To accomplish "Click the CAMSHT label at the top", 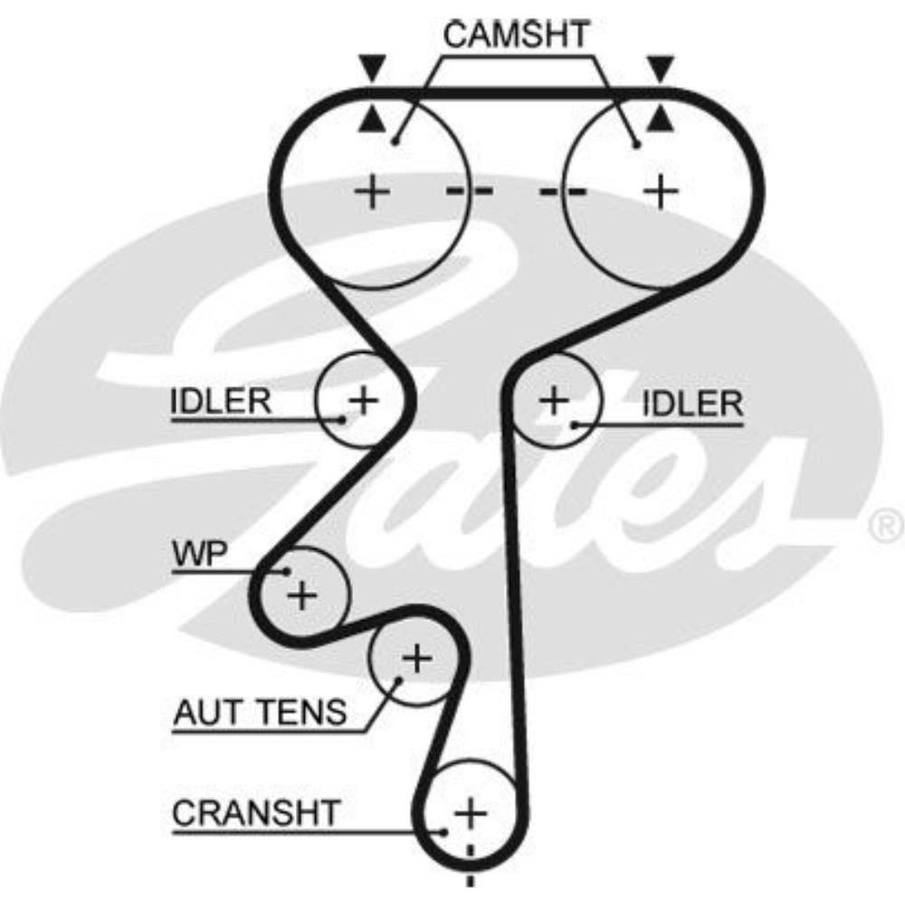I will (x=517, y=33).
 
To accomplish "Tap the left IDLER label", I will (x=221, y=401).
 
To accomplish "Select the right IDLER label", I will (x=692, y=403).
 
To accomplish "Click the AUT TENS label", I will (x=260, y=713).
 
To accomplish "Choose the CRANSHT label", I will (x=255, y=813).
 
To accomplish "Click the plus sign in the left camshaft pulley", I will (x=371, y=192).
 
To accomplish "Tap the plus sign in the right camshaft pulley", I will (x=661, y=192).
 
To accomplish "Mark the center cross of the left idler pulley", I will (x=364, y=399).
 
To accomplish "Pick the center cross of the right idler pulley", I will (x=554, y=399).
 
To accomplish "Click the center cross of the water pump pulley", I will (x=302, y=595).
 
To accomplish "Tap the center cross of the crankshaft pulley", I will (x=470, y=811).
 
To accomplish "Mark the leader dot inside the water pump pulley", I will (x=286, y=571).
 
